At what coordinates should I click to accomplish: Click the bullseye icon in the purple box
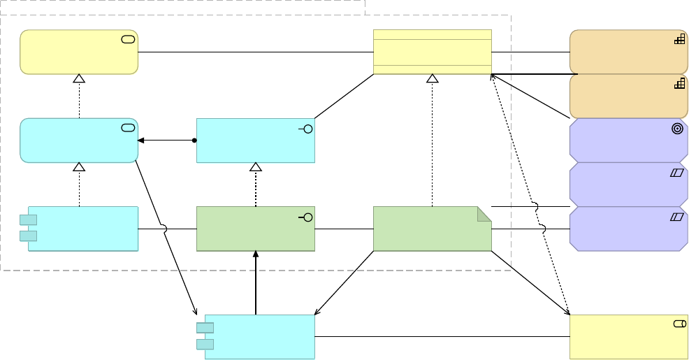pyautogui.click(x=677, y=129)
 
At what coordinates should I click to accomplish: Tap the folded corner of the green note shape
pyautogui.click(x=484, y=213)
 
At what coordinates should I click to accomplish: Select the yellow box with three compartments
pyautogui.click(x=432, y=52)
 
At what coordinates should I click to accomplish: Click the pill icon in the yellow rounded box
pyautogui.click(x=128, y=39)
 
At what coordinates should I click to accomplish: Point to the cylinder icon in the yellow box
pyautogui.click(x=679, y=324)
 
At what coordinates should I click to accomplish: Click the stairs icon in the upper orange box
pyautogui.click(x=679, y=40)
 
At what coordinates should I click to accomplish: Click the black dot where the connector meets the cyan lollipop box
pyautogui.click(x=194, y=141)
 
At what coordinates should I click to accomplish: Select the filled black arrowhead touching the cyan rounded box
pyautogui.click(x=141, y=141)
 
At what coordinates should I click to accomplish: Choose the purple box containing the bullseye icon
pyautogui.click(x=628, y=141)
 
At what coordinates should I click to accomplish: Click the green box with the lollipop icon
pyautogui.click(x=255, y=229)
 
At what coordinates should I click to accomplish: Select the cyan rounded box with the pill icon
pyautogui.click(x=78, y=141)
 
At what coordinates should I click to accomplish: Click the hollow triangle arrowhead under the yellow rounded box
pyautogui.click(x=79, y=78)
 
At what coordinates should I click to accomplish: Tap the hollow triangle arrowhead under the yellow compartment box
pyautogui.click(x=432, y=78)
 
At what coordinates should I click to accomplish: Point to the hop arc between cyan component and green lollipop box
pyautogui.click(x=165, y=229)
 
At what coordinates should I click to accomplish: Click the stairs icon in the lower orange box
pyautogui.click(x=679, y=84)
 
